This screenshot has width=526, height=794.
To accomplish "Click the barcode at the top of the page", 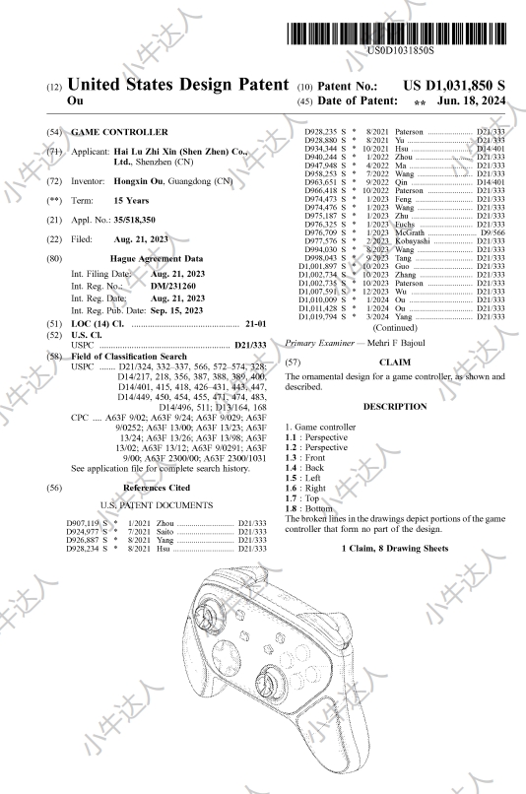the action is coord(396,33).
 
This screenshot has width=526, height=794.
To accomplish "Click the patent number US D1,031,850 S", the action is coord(454,86).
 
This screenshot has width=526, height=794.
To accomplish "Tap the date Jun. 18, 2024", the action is coord(471,100).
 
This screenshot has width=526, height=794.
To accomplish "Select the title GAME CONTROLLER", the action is coord(119,132).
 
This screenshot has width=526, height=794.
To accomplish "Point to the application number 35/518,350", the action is coord(135,220).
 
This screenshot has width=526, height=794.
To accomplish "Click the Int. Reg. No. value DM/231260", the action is coord(173,286).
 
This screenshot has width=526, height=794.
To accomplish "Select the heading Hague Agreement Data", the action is coord(157,259).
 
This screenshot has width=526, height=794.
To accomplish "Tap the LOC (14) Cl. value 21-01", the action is coord(256,324).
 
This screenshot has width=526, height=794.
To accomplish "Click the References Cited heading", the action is coord(157,488).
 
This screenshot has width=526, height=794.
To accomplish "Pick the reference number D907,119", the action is coord(83,523).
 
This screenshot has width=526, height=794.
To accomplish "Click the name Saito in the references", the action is coord(164,532).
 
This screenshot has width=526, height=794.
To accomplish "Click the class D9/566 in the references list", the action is coord(493,232).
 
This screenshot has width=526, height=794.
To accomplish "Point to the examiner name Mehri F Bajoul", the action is coord(396,343).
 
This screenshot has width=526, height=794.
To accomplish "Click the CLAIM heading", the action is coord(395,363).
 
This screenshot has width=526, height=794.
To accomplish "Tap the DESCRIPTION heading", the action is coord(395,407).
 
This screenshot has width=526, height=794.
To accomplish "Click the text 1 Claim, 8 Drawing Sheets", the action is coord(395,549).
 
